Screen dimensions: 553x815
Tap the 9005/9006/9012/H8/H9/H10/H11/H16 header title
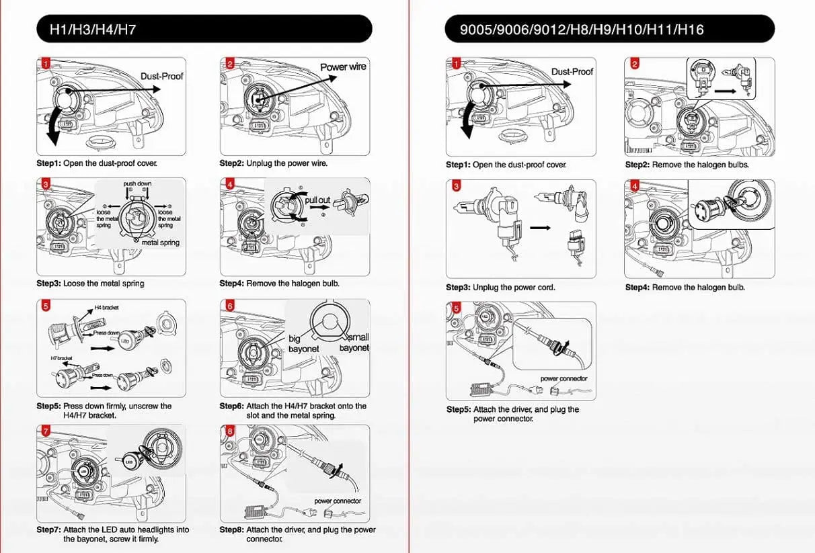pos(582,30)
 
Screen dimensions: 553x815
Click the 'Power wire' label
pos(343,67)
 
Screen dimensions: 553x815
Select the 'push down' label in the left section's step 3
pos(137,183)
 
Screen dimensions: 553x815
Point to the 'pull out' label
pos(317,200)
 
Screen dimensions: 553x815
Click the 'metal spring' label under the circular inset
pos(161,243)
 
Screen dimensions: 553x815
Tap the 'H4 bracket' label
pos(106,307)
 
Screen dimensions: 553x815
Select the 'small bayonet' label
pos(354,343)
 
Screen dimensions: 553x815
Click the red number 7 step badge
pos(45,431)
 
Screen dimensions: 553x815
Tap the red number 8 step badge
pos(229,431)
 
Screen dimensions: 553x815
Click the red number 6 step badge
pos(229,306)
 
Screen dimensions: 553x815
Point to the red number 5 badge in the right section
pos(457,308)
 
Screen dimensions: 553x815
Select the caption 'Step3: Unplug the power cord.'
pos(500,288)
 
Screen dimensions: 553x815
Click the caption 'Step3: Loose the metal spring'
pos(90,284)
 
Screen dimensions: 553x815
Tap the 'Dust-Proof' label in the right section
pos(572,71)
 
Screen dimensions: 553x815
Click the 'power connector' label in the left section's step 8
pos(338,501)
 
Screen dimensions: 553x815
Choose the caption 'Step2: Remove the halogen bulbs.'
pos(687,165)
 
